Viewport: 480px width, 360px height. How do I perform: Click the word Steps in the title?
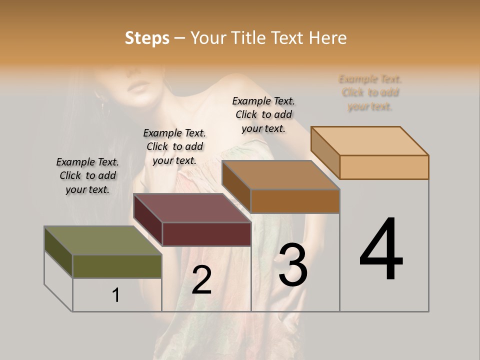tap(146, 38)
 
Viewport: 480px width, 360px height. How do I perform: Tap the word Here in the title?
tap(327, 38)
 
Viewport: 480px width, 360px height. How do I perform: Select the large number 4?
tap(381, 250)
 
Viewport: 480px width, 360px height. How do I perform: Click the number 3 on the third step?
tap(293, 265)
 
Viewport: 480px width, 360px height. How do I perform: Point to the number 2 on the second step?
tap(201, 280)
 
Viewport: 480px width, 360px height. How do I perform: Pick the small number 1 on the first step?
tap(116, 295)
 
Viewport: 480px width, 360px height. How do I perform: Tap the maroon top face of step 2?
tap(192, 208)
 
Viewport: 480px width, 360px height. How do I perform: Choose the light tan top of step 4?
tap(370, 141)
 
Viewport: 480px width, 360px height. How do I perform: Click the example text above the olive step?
tap(87, 175)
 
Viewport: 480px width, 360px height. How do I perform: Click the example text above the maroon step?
tap(174, 146)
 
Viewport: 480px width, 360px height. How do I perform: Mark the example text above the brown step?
tap(263, 114)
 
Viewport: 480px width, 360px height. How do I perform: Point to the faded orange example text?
tap(370, 92)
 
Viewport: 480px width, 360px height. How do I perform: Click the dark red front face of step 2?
tap(206, 234)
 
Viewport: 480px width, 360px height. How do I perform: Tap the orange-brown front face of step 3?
tap(295, 201)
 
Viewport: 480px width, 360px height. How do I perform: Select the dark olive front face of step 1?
tap(117, 266)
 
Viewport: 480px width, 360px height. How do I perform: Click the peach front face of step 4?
tap(384, 167)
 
